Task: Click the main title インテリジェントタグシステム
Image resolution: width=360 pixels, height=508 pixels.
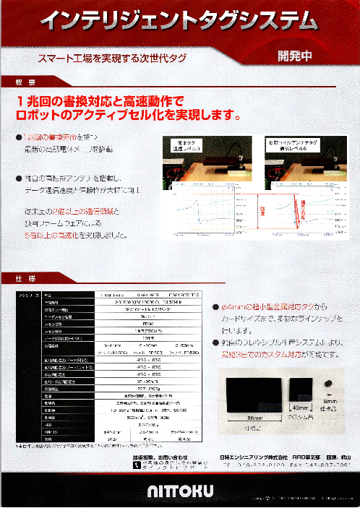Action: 179,22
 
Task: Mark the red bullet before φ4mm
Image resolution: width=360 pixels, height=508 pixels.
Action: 215,306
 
